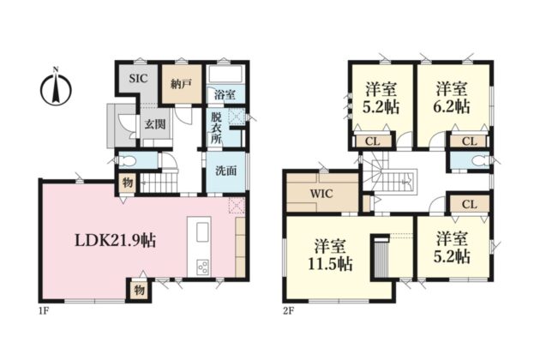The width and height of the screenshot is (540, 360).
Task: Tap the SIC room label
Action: (x=139, y=79)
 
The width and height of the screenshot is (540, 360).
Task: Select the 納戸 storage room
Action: (x=182, y=83)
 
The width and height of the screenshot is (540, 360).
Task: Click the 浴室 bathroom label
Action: (x=225, y=95)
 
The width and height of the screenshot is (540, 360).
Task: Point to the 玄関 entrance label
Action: (x=155, y=124)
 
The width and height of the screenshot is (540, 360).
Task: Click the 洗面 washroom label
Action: (x=226, y=171)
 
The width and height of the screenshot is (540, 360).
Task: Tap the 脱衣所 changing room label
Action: (x=216, y=128)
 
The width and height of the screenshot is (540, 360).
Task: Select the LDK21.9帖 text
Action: (x=116, y=241)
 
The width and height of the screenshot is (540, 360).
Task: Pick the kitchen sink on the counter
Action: (x=202, y=232)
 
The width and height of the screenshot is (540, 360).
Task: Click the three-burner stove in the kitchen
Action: (x=202, y=267)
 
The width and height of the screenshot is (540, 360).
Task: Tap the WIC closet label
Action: (x=321, y=194)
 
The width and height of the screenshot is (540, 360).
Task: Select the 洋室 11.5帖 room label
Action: (x=330, y=255)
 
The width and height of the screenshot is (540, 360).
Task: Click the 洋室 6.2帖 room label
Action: (x=453, y=98)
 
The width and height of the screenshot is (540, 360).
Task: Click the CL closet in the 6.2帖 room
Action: (x=470, y=141)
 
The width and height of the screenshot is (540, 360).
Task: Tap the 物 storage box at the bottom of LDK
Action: (x=140, y=290)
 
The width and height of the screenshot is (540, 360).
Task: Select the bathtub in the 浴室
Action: (x=226, y=75)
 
